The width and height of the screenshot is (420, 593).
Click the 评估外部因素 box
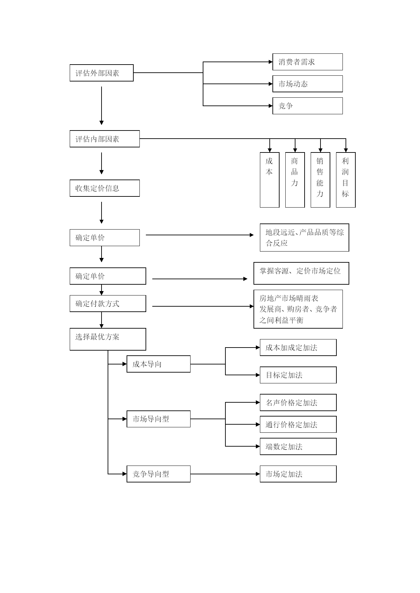click(102, 73)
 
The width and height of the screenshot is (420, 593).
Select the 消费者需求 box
click(308, 62)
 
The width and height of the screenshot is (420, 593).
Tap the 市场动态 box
click(308, 84)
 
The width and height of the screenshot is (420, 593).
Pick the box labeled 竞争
click(308, 106)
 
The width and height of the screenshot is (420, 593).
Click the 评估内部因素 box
click(105, 139)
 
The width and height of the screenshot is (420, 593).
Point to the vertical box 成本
click(270, 180)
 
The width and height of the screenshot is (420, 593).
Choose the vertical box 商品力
click(295, 180)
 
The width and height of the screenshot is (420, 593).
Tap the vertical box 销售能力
click(320, 180)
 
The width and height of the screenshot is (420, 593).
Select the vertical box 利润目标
click(346, 180)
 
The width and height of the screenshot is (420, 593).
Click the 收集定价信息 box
click(105, 188)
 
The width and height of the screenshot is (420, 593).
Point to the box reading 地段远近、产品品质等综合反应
click(305, 237)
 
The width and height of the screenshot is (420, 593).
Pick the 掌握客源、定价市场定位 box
click(301, 273)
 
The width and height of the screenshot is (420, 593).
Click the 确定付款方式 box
click(108, 304)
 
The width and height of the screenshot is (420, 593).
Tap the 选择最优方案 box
click(108, 339)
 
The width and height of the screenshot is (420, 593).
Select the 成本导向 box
click(159, 364)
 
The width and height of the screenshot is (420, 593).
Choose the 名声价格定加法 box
click(298, 402)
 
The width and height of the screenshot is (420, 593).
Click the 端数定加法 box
click(298, 446)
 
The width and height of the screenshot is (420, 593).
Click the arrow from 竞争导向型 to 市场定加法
click(225, 474)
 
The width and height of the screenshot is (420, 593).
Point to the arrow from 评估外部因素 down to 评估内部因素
click(102, 106)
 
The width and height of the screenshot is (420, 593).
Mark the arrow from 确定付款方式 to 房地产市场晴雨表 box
click(203, 306)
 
